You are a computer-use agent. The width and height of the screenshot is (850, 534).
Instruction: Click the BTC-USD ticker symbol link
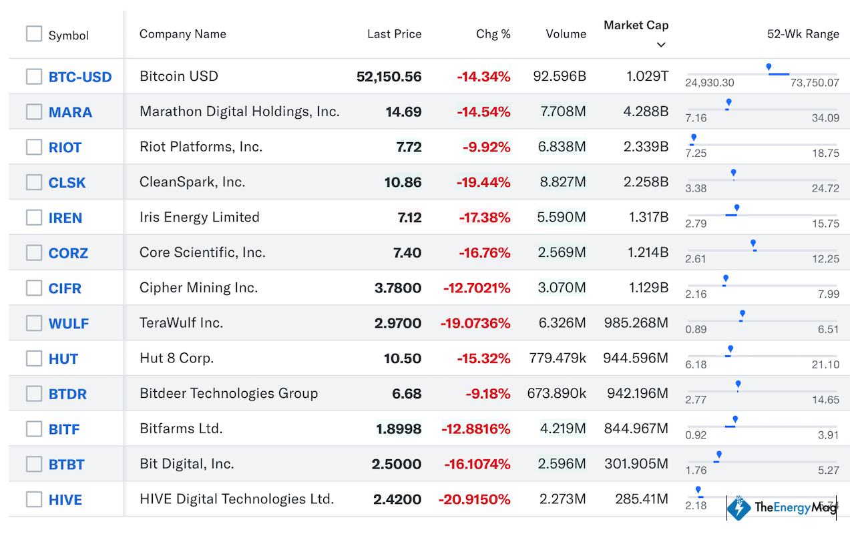[x=80, y=77]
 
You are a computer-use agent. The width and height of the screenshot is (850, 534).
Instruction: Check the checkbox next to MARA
[x=34, y=111]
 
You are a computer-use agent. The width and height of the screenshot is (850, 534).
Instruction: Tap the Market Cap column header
[x=636, y=25]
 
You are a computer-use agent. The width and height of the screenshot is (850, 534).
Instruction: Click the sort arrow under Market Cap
[x=661, y=45]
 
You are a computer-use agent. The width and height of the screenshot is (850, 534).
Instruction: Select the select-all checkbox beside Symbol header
[x=34, y=33]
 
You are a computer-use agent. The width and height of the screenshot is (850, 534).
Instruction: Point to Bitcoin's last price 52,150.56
[x=389, y=77]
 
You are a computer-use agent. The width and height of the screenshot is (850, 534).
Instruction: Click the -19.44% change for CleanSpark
[x=483, y=182]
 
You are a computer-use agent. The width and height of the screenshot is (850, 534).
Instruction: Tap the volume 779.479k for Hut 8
[x=557, y=358]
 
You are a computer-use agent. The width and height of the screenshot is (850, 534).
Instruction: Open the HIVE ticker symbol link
[x=65, y=500]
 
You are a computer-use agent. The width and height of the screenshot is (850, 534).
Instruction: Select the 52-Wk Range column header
[x=803, y=34]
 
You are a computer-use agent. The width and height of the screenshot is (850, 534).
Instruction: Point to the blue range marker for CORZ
[x=753, y=244]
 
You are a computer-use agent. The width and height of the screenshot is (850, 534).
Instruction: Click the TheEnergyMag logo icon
[x=738, y=507]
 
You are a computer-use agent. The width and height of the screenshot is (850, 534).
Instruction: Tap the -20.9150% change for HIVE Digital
[x=474, y=499]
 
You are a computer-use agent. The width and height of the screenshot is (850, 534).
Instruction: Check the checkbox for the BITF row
[x=34, y=429]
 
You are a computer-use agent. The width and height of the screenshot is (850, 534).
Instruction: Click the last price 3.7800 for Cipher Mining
[x=398, y=288]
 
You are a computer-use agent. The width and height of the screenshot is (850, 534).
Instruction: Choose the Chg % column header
[x=493, y=34]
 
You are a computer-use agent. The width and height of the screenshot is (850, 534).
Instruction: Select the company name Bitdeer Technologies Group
[x=228, y=393]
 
